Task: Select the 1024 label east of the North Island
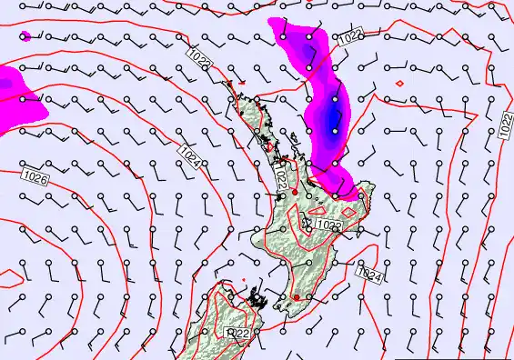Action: (368, 273)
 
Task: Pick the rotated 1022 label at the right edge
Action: (506, 125)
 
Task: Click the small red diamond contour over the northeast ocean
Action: (399, 84)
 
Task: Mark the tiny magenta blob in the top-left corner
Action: (25, 36)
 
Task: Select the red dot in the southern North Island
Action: (296, 296)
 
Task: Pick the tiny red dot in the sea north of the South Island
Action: (244, 279)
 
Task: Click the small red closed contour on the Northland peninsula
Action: (268, 145)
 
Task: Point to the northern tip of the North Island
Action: (232, 84)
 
